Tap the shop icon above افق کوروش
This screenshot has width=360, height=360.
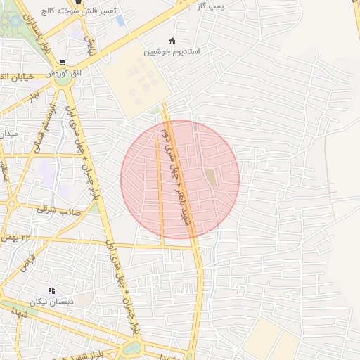click(x=63, y=62)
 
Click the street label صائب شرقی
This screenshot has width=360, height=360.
click(x=59, y=210)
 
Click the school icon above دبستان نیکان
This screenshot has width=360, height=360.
click(x=51, y=290)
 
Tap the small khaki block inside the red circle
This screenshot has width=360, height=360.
click(x=211, y=178)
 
